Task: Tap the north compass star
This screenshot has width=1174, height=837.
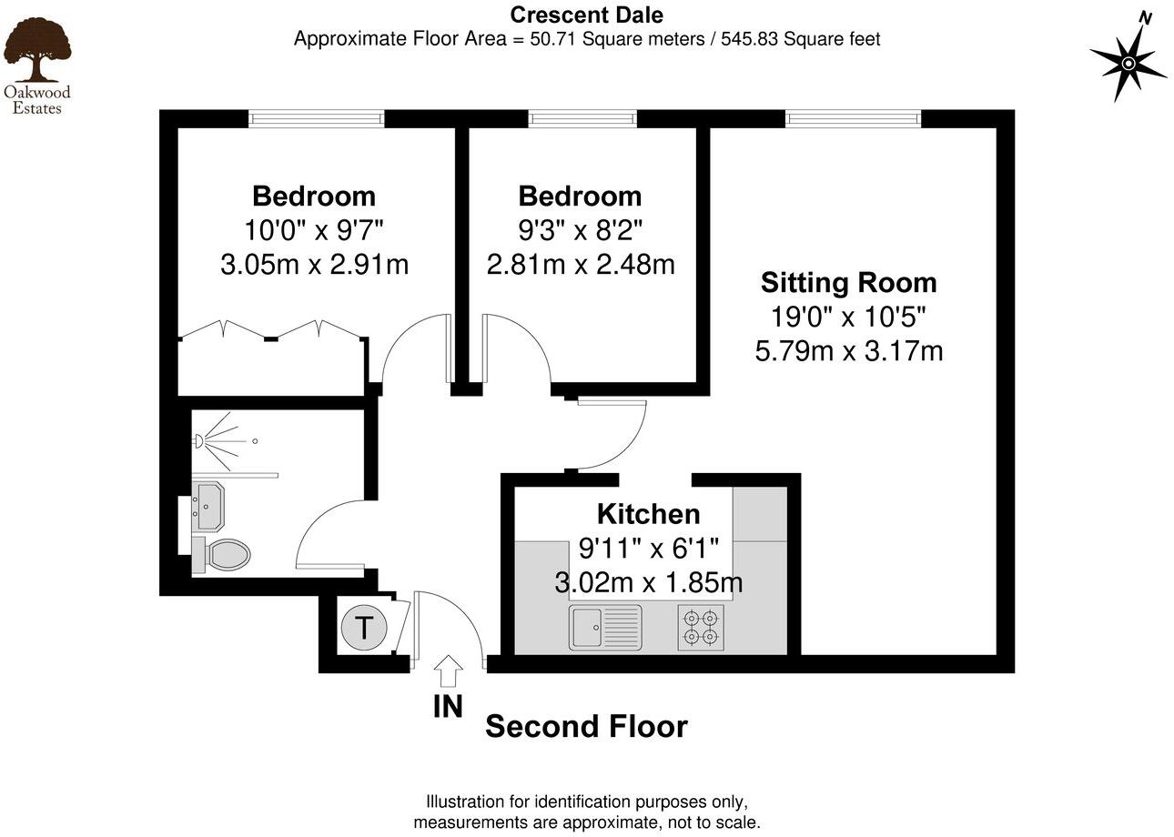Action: coord(1128,63)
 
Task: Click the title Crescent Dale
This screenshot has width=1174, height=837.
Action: coord(586,15)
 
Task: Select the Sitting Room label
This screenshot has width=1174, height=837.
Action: coord(848,283)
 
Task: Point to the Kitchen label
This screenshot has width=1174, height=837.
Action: coord(648,514)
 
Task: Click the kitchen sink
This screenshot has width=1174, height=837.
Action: coord(605,628)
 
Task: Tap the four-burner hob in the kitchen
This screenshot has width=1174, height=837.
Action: coord(701,628)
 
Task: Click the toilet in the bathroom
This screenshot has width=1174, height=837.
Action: coord(222,554)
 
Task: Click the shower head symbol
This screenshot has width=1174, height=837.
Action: coord(200,442)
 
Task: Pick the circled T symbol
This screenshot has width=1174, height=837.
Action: coord(363,629)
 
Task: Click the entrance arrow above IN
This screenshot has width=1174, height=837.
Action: coord(448,671)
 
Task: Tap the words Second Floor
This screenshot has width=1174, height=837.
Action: coord(586,727)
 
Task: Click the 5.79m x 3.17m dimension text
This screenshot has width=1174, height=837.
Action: coord(848,350)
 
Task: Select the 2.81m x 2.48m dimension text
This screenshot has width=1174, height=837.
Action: coord(580,265)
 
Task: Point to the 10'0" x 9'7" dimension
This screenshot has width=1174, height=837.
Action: coord(314,230)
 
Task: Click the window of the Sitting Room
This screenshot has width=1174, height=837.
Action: coord(853,118)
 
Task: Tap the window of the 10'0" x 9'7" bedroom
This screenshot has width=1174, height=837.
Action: coord(317,118)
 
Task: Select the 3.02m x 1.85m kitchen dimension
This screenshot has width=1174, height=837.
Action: coord(648,581)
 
